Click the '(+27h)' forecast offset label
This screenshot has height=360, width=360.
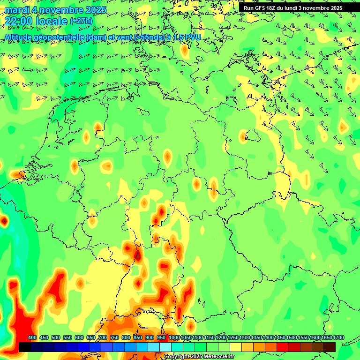(x=81, y=21)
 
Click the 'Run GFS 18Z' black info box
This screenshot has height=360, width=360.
(x=293, y=7)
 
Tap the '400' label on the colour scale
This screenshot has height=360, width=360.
(x=32, y=338)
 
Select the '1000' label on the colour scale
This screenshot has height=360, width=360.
(x=174, y=338)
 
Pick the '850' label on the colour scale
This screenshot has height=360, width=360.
(x=138, y=338)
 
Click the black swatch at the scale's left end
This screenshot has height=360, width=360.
(x=24, y=347)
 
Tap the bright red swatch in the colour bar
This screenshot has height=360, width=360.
(x=282, y=347)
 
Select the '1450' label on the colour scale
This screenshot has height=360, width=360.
(x=280, y=338)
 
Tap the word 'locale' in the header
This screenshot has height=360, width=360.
(x=52, y=21)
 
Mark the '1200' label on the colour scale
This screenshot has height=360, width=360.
(x=221, y=338)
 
